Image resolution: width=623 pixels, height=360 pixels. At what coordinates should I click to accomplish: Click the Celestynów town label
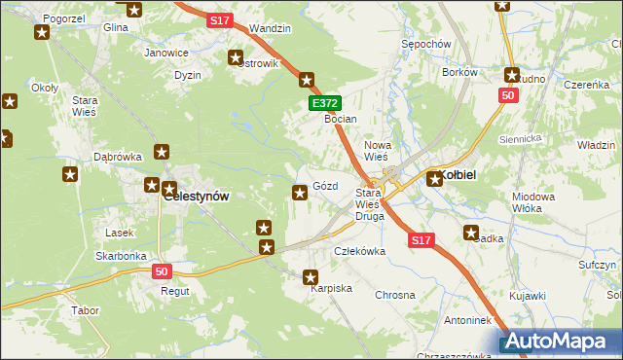pos(197,196)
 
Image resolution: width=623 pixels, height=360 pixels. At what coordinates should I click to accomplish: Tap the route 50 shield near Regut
pos(162,272)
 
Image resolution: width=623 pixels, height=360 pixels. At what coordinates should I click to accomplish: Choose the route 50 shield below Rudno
pos(506,95)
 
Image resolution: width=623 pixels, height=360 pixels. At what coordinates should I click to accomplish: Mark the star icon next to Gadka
pos(472,233)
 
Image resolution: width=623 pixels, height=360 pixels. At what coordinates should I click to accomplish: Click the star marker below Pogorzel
pos(42,33)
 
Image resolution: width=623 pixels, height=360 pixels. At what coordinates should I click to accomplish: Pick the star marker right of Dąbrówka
pos(162,152)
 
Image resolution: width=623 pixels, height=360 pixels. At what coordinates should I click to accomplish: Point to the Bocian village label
pos(341,119)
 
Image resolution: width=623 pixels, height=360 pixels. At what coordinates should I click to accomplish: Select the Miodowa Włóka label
pos(533,202)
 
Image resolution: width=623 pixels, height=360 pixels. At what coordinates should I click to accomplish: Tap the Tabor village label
pos(85,310)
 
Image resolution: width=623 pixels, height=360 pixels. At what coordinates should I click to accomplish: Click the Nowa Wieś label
pos(376,151)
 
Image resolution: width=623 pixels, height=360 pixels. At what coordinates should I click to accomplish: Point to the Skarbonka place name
pos(121,256)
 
